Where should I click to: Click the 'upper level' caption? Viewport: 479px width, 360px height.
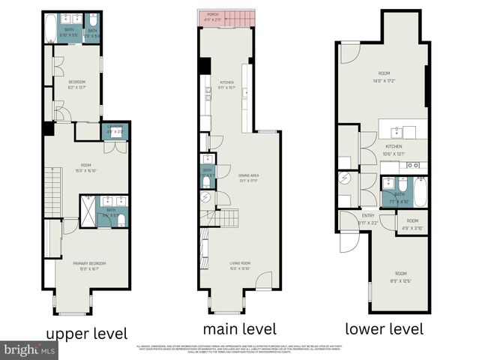pyautogui.click(x=87, y=332)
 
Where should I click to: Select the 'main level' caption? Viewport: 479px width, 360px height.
pyautogui.click(x=240, y=328)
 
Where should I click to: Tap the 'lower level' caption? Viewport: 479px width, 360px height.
pyautogui.click(x=385, y=328)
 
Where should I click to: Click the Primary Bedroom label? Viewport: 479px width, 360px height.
pyautogui.click(x=89, y=266)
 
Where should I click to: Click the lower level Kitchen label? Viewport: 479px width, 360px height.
pyautogui.click(x=395, y=150)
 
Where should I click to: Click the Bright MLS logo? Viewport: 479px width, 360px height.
pyautogui.click(x=28, y=349)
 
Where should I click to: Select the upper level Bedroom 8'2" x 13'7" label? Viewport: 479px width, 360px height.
pyautogui.click(x=77, y=84)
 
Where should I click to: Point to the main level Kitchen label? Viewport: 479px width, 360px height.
pyautogui.click(x=227, y=85)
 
